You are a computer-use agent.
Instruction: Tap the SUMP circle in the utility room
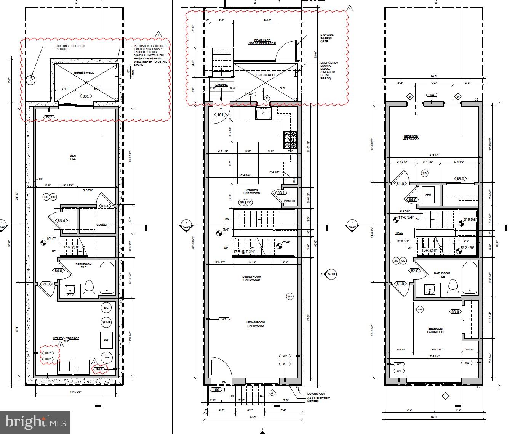pyautogui.click(x=106, y=323)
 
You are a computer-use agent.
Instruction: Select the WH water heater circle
pyautogui.click(x=107, y=357)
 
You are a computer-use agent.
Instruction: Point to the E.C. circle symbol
pyautogui.click(x=106, y=307)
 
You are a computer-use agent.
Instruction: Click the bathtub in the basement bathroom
pyautogui.click(x=107, y=278)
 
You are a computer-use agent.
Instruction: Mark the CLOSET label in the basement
pyautogui.click(x=102, y=225)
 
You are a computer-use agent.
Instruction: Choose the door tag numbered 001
pyautogui.click(x=86, y=96)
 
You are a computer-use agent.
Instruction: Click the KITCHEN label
pyautogui.click(x=251, y=190)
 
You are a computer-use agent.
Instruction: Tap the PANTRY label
pyautogui.click(x=290, y=201)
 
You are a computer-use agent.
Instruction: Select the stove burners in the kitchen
pyautogui.click(x=290, y=140)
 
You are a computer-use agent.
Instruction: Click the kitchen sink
pyautogui.click(x=263, y=114)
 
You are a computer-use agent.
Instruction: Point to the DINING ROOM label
pyautogui.click(x=252, y=277)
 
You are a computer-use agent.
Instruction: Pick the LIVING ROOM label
pyautogui.click(x=255, y=323)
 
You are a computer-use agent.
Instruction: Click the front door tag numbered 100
pyautogui.click(x=216, y=389)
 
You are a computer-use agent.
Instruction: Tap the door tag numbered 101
pyautogui.click(x=220, y=114)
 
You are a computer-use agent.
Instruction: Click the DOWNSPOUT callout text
pyautogui.click(x=316, y=394)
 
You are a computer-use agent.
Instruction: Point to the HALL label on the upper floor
pyautogui.click(x=399, y=233)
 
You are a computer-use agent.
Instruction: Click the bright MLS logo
pyautogui.click(x=35, y=422)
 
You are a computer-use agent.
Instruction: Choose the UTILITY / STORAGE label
pyautogui.click(x=66, y=338)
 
